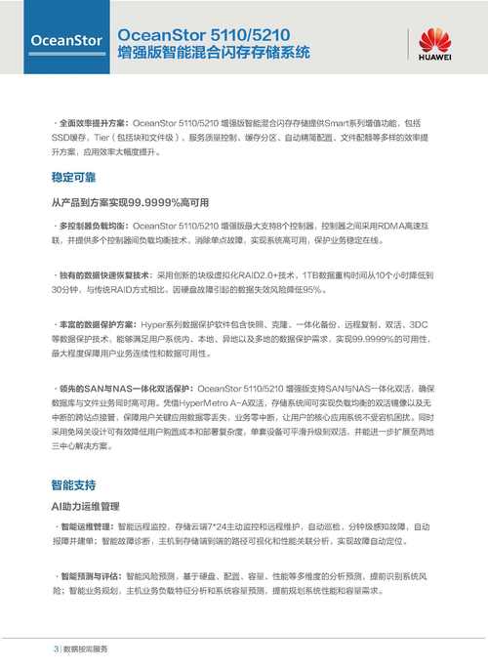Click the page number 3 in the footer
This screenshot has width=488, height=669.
(x=55, y=648)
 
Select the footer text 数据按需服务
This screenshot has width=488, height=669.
(x=86, y=648)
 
